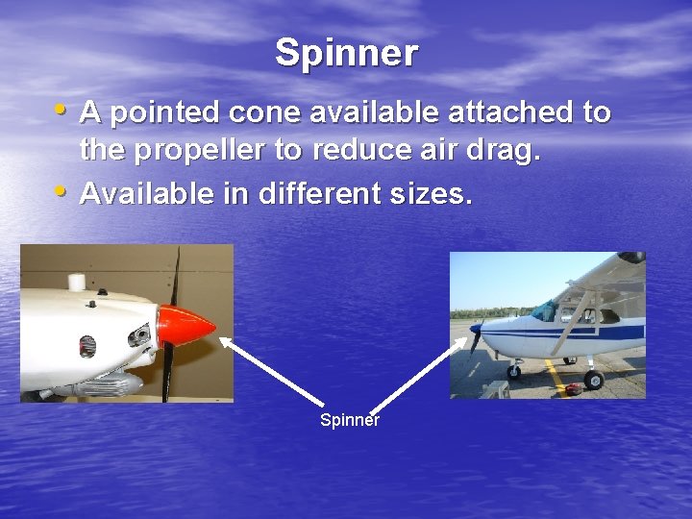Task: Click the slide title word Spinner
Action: [346, 53]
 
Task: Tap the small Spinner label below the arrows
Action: [349, 420]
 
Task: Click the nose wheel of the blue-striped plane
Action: [513, 372]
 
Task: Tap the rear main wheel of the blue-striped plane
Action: [594, 380]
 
